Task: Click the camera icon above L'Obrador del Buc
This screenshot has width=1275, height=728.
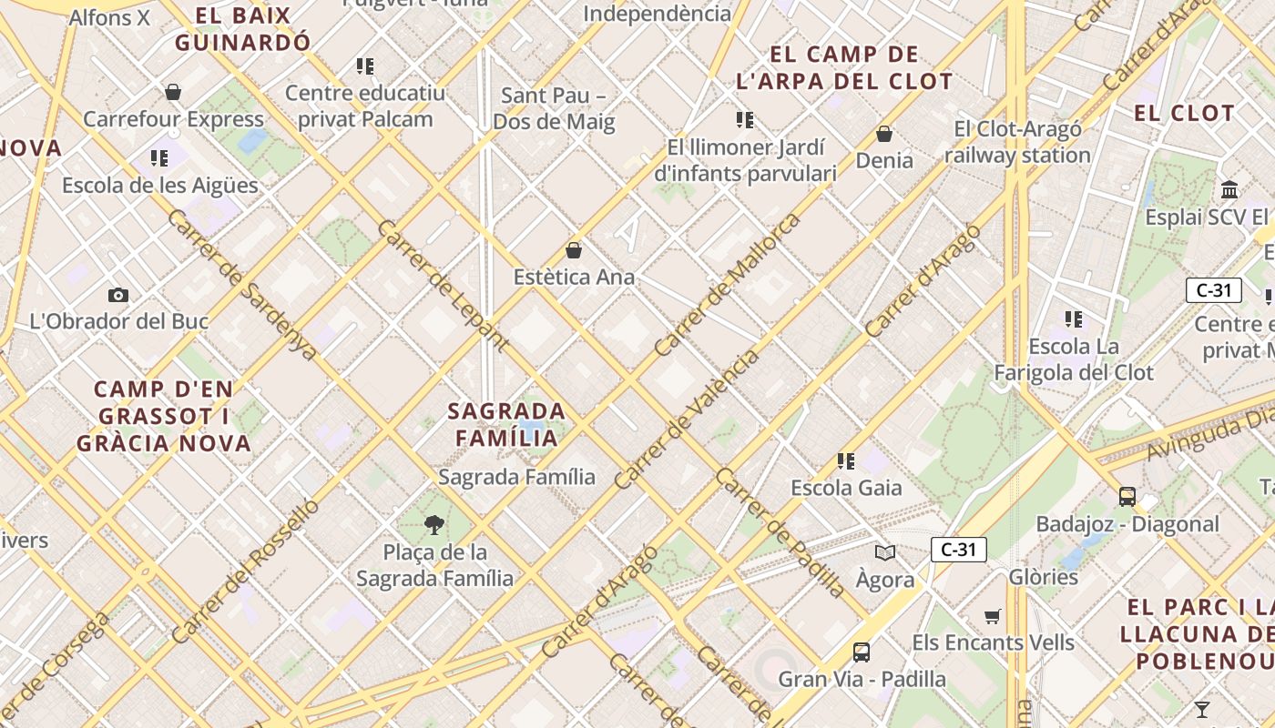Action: [117, 295]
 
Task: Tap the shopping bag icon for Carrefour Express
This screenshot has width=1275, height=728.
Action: [173, 92]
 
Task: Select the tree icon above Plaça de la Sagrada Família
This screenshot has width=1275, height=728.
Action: [434, 524]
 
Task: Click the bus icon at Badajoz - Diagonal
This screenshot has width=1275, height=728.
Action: [1127, 496]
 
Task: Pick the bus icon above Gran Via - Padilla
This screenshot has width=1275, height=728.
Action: [861, 652]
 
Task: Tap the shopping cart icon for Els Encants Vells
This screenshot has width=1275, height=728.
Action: [993, 616]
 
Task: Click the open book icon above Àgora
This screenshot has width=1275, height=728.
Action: [884, 552]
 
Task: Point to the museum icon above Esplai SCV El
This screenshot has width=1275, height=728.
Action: [1229, 190]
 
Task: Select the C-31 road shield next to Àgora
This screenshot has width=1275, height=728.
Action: [958, 550]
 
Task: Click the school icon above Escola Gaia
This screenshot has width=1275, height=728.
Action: [846, 461]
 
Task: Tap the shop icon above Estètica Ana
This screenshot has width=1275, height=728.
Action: [574, 250]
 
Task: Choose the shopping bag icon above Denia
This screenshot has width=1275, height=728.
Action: [883, 135]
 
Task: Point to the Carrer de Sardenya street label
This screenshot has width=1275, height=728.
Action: [242, 285]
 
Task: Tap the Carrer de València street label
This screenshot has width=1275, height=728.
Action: [686, 420]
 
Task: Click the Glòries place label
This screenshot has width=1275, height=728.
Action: [1043, 577]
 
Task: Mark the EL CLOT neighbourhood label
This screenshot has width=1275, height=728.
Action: [1184, 114]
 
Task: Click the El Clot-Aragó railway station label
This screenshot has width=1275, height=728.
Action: [1017, 142]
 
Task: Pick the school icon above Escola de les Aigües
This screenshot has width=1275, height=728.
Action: [160, 158]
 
